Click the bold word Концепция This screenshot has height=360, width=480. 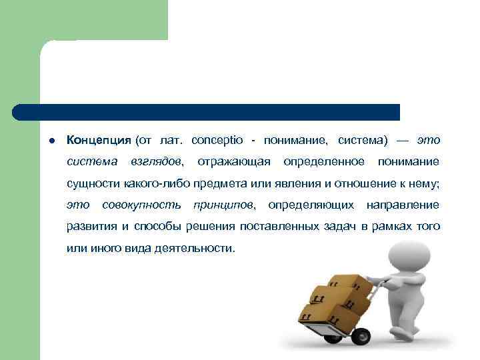coord(99,141)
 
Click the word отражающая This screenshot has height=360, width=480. coord(234,162)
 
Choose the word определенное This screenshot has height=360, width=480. coord(323,162)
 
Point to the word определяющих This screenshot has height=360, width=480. coord(310,205)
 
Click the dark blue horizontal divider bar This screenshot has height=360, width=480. coord(207,112)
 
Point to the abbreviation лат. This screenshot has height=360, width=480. coord(171,141)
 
